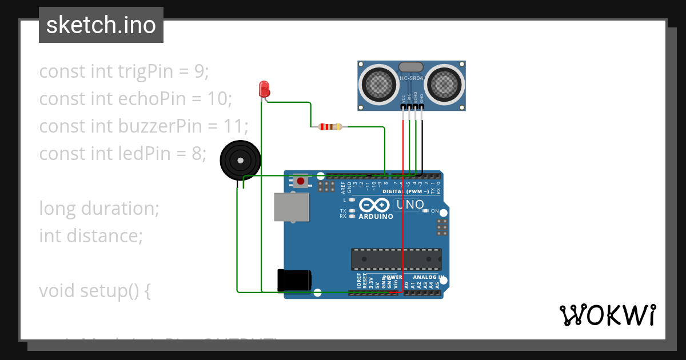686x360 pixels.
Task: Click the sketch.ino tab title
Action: point(101,25)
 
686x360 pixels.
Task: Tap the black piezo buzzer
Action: point(240,161)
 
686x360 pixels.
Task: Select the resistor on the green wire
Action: point(330,126)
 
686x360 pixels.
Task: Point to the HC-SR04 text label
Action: point(412,78)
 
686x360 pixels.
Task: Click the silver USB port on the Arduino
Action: point(292,206)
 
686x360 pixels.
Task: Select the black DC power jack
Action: point(294,280)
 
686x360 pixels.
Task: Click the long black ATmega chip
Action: point(396,259)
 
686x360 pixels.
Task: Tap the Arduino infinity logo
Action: point(375,205)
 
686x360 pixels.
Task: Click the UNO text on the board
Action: point(410,205)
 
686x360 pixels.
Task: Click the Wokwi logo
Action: point(607,315)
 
